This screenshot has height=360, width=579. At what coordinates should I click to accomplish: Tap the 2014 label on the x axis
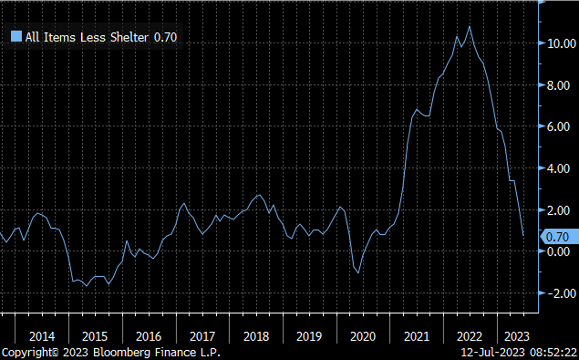tap(42, 337)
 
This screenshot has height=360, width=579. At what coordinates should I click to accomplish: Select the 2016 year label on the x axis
tap(149, 337)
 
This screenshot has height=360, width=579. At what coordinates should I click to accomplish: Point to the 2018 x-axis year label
tap(256, 337)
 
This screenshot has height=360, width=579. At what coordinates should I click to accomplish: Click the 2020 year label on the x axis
tap(363, 337)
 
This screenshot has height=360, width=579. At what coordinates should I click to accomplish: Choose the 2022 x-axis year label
tap(470, 337)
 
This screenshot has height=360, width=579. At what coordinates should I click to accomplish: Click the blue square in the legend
tap(16, 37)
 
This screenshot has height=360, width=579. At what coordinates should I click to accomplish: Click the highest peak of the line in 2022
tap(469, 26)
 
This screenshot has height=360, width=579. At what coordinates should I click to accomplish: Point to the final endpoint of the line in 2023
tap(524, 236)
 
